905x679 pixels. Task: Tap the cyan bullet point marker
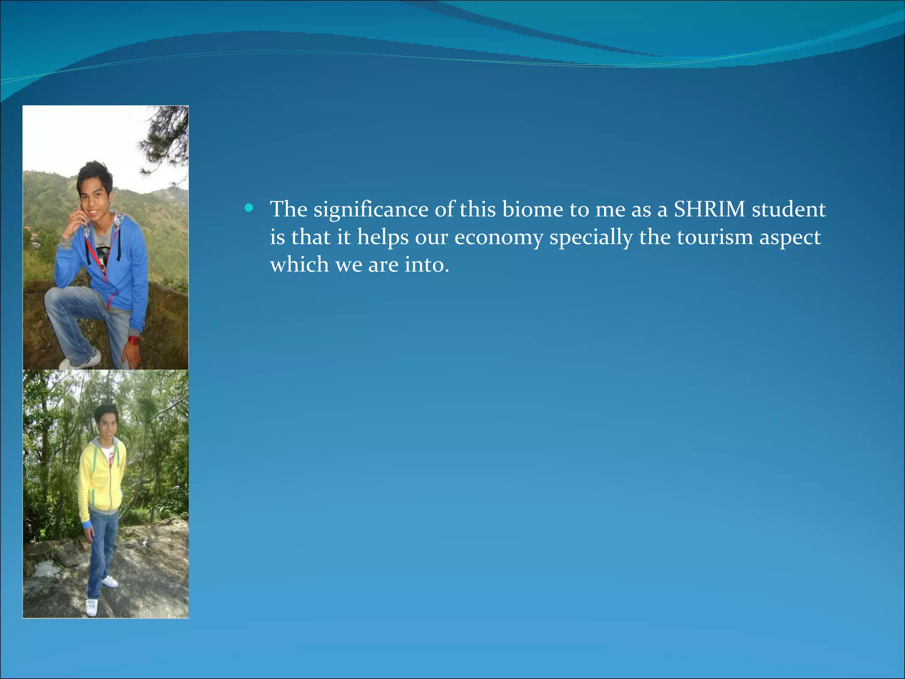coord(249,208)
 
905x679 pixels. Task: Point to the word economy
coord(498,238)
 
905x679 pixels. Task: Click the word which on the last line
coord(299,264)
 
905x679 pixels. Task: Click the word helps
coord(383,238)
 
